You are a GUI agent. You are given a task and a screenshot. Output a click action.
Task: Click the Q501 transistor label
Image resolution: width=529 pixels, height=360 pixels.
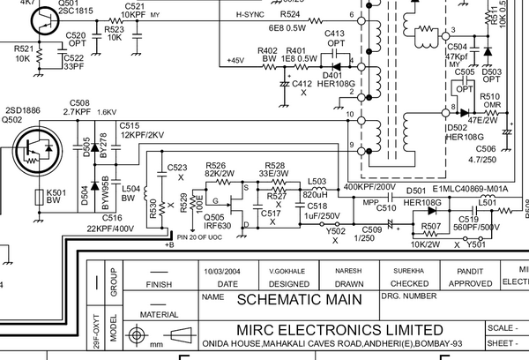tap(68, 3)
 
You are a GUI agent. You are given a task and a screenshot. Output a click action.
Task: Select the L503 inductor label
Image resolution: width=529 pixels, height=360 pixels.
tap(317, 180)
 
